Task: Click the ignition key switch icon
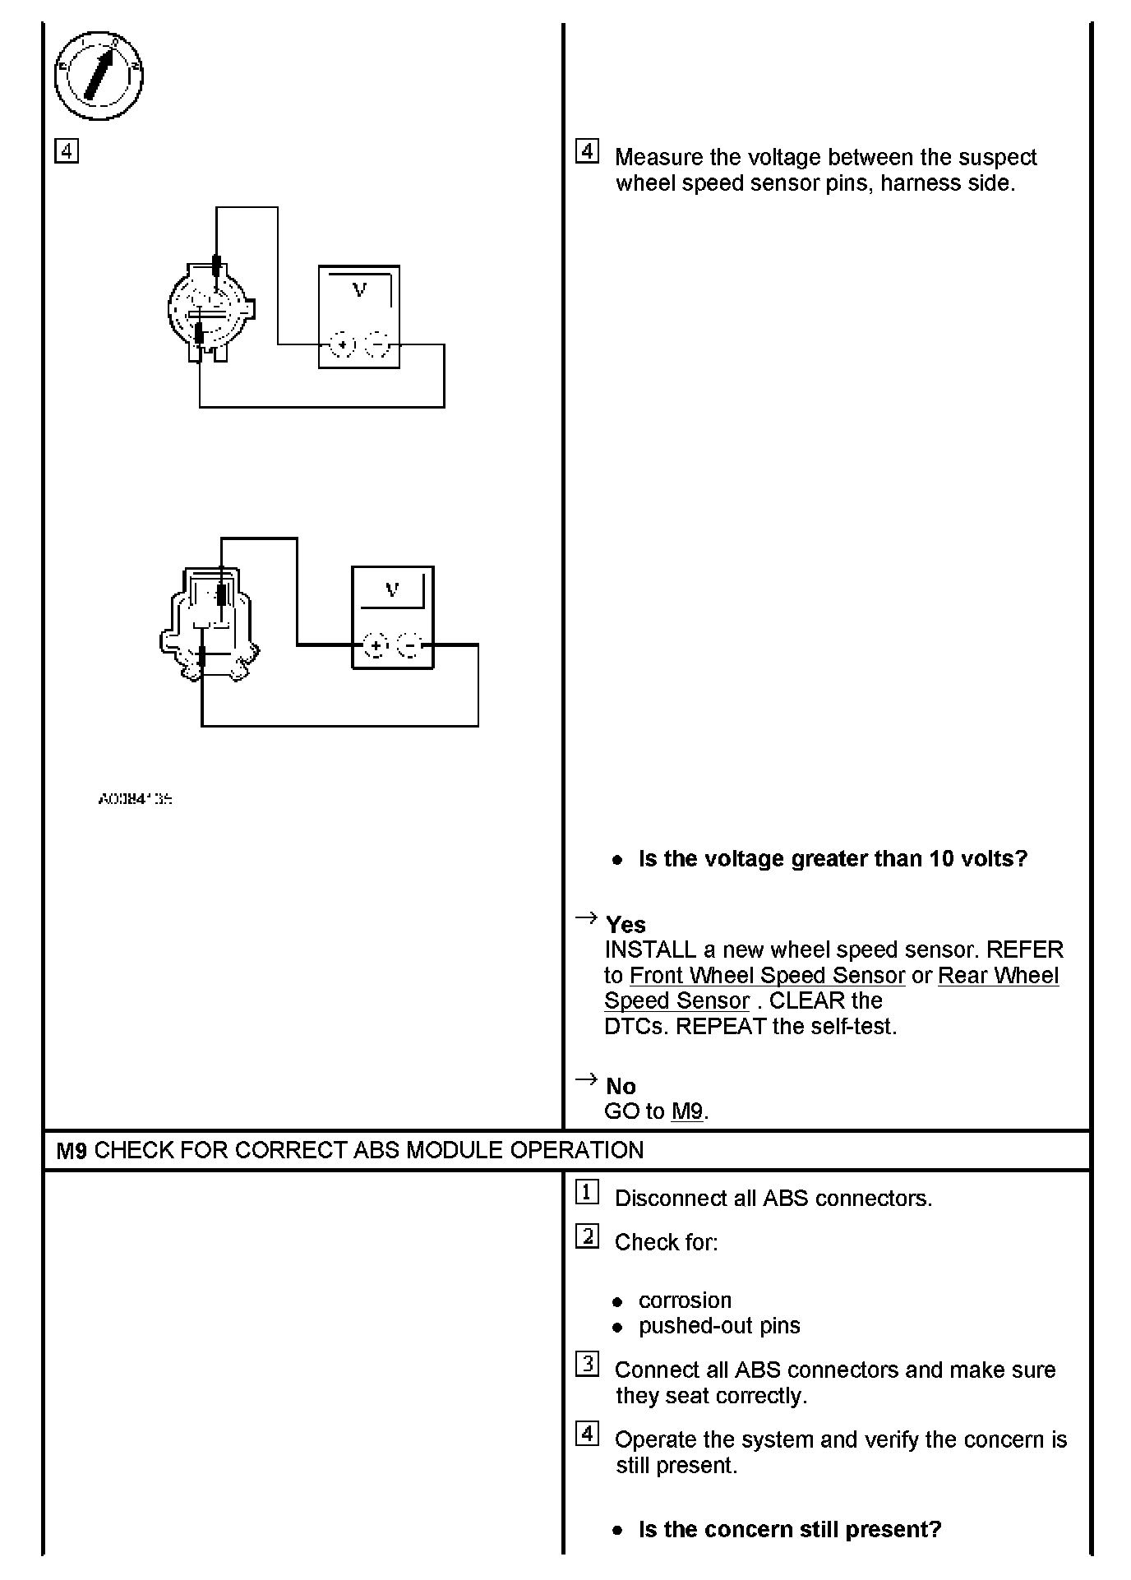coord(99,76)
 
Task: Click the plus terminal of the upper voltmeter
coord(341,344)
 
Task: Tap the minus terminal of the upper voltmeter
coord(376,344)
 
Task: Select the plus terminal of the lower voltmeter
coord(375,646)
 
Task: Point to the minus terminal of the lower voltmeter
coord(409,646)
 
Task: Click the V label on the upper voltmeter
coord(359,289)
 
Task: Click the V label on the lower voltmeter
coord(392,589)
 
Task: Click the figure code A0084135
coord(135,798)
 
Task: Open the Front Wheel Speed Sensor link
coord(766,976)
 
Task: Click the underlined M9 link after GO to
coord(687,1111)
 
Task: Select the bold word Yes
coord(626,925)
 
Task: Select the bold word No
coord(621,1086)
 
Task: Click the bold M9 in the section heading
coord(72,1150)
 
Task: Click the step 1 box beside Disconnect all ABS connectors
coord(587,1193)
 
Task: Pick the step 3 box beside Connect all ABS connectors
coord(587,1365)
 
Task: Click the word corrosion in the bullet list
coord(685,1300)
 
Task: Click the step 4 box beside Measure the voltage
coord(587,152)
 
